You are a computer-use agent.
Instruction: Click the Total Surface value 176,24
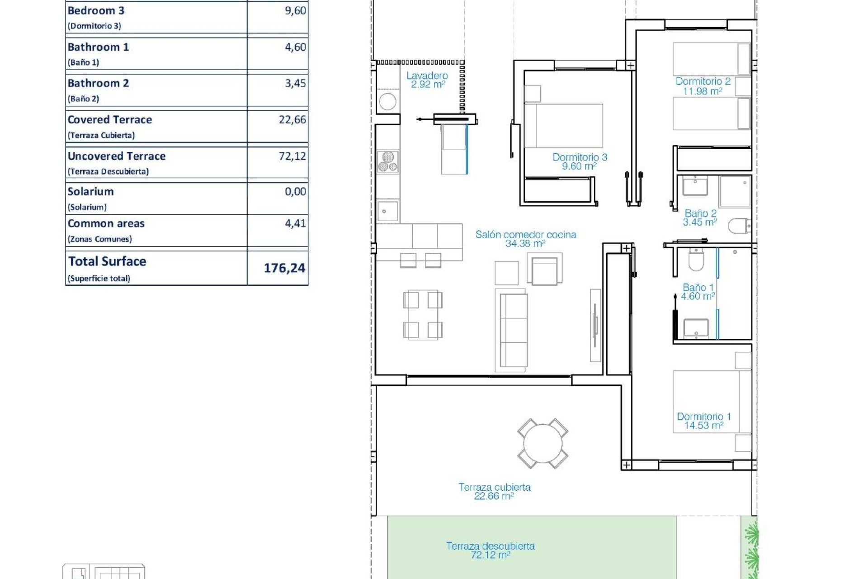point(284,268)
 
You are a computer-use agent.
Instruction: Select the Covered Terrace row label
point(110,120)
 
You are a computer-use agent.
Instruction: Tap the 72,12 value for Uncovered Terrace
point(292,156)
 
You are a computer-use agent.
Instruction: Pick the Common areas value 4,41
point(295,223)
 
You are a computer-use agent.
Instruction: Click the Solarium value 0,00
point(295,192)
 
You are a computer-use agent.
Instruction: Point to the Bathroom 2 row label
point(98,84)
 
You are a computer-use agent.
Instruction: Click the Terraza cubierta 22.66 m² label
point(494,491)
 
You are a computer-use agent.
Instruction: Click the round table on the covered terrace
point(542,443)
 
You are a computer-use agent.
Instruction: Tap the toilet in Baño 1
point(696,260)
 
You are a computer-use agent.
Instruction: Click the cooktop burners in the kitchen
point(388,162)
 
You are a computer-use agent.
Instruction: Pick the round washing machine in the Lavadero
point(387,101)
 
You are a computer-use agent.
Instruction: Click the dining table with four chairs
point(423,315)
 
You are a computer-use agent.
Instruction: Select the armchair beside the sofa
point(545,270)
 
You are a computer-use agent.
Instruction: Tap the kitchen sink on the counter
point(387,211)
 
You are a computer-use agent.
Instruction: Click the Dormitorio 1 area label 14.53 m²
point(703,425)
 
